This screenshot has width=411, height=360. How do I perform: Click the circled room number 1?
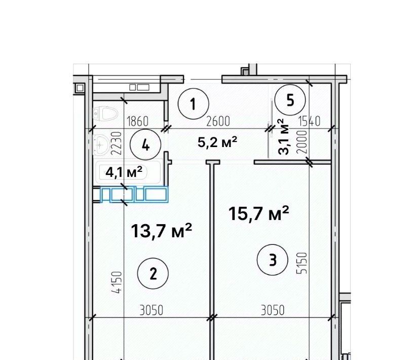click(x=193, y=104)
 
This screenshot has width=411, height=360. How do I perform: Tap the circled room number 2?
click(x=153, y=273)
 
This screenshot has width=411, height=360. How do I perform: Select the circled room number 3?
click(x=273, y=260)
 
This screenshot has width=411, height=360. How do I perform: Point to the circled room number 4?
click(x=145, y=145)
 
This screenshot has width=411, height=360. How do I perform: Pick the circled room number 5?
click(x=290, y=100)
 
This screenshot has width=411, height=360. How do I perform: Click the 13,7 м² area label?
click(x=162, y=231)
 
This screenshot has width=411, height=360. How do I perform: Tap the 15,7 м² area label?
click(x=259, y=213)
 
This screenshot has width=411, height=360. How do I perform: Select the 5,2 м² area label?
click(x=217, y=142)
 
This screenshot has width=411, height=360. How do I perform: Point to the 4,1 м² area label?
click(x=124, y=172)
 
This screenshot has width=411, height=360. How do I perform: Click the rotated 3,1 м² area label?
click(x=283, y=136)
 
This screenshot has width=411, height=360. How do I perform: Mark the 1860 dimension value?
click(x=137, y=122)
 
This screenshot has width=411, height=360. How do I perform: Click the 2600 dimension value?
click(x=218, y=121)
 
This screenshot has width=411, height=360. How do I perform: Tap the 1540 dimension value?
click(x=309, y=121)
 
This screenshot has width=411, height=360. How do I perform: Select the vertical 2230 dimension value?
click(x=117, y=143)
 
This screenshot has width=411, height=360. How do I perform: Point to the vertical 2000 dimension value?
click(x=302, y=142)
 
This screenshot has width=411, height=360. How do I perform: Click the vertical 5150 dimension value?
click(x=302, y=263)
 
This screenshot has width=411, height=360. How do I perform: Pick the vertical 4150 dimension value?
click(x=118, y=282)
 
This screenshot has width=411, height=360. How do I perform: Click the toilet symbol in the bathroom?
click(x=105, y=114)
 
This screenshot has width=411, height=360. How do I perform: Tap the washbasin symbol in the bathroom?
click(x=101, y=144)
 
